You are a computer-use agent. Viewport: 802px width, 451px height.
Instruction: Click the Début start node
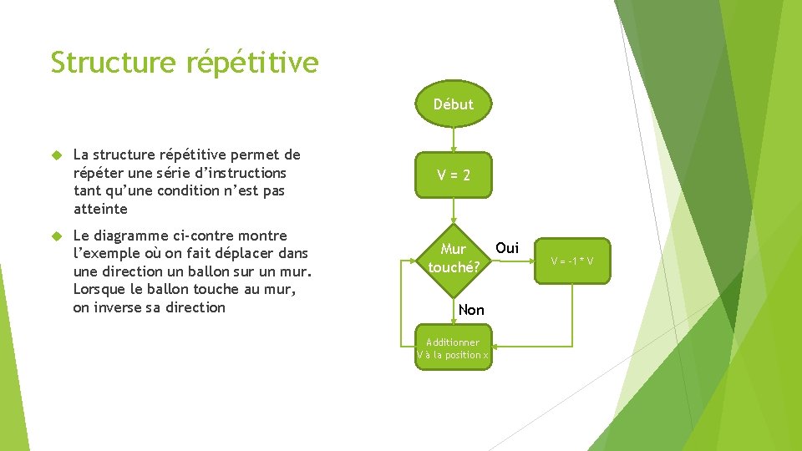pos(453,104)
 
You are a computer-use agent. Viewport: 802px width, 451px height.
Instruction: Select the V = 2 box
pos(453,175)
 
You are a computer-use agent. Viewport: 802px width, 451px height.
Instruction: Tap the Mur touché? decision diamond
pos(453,258)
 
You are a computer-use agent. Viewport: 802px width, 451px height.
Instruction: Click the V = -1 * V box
pos(572,261)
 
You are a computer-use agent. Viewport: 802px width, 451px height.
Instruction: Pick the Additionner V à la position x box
pos(453,348)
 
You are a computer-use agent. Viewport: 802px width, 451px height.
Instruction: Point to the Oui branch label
pos(507,248)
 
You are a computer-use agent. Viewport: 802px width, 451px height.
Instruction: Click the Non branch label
pos(471,310)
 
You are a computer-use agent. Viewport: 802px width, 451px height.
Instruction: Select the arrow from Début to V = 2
pos(453,139)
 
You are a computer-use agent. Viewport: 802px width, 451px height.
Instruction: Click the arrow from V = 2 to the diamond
pos(453,210)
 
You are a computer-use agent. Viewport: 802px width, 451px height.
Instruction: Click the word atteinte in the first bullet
pos(100,209)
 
